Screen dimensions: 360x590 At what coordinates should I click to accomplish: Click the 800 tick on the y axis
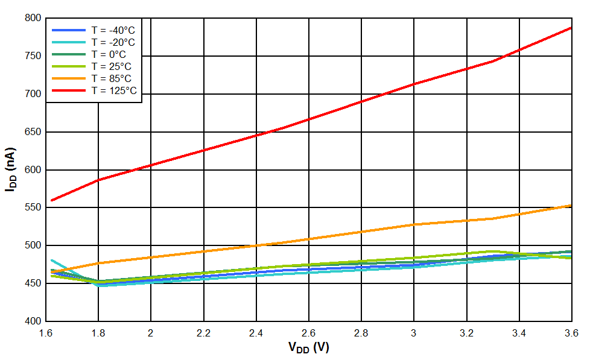tap(31, 18)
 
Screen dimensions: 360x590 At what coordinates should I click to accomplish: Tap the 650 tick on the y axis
tap(31, 132)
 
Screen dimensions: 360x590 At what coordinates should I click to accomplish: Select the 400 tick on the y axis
tap(31, 321)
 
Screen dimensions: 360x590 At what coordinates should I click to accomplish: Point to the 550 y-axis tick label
tap(31, 207)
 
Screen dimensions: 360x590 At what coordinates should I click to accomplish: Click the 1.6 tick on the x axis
tap(45, 333)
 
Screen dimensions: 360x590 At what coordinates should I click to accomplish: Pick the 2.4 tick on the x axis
tap(256, 333)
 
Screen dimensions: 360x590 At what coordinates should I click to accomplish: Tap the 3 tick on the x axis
tap(414, 333)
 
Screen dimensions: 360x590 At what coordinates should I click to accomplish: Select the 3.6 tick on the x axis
tap(571, 333)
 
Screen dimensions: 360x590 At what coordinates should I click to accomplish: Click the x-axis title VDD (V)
tap(308, 348)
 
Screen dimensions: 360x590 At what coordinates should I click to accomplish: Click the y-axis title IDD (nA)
tap(10, 169)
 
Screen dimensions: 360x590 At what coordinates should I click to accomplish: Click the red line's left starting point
tap(51, 200)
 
